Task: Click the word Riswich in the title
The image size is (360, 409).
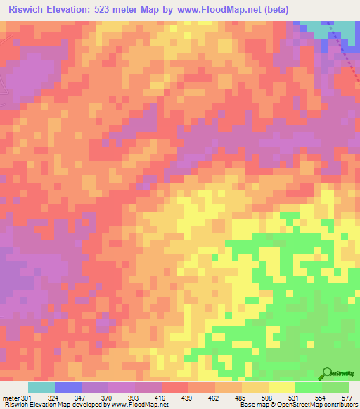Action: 27,9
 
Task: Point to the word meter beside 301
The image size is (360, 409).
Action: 12,398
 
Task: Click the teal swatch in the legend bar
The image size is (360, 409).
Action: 41,387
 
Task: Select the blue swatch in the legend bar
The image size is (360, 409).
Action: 67,387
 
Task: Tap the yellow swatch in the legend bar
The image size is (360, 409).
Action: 281,387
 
